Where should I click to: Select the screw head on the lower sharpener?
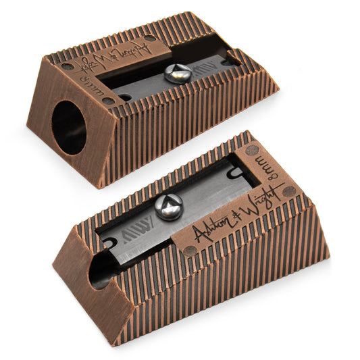tap(167, 207)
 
